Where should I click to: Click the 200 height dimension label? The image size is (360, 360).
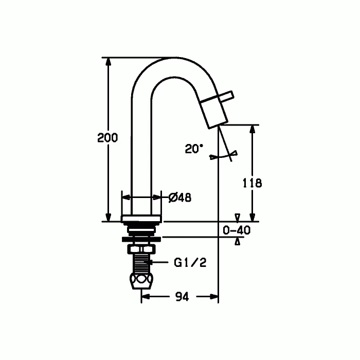(107, 137)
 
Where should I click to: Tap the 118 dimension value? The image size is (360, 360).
(253, 183)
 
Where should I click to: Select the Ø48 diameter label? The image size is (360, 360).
(180, 197)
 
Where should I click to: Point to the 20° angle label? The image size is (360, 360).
(194, 149)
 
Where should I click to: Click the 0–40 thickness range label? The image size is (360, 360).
(237, 230)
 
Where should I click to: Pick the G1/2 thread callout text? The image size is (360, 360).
(190, 262)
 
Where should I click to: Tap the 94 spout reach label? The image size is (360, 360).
(182, 297)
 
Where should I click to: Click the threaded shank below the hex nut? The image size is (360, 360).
(141, 263)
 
